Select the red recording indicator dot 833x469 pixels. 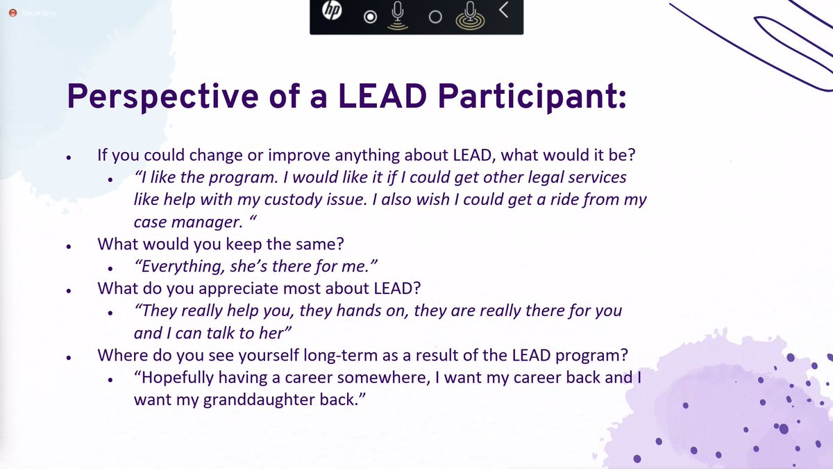pyautogui.click(x=11, y=13)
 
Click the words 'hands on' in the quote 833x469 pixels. pyautogui.click(x=374, y=311)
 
